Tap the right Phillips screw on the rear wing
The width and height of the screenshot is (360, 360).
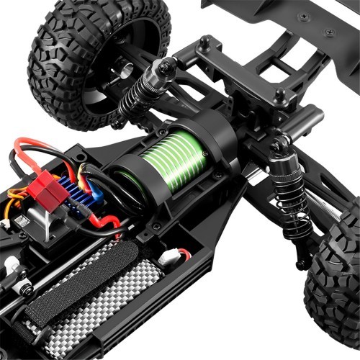coord(330,33)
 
